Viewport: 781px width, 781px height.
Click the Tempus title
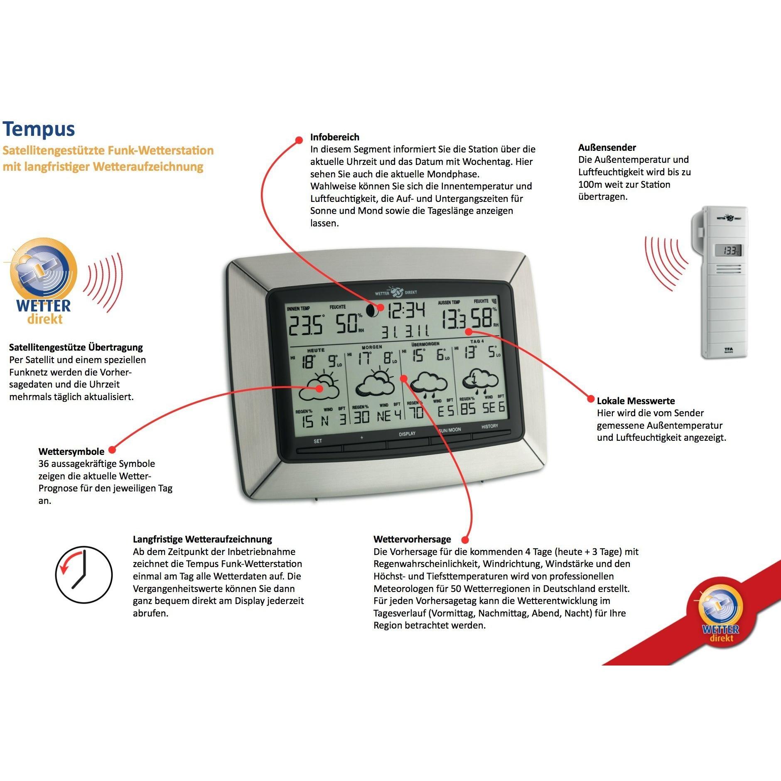(x=39, y=129)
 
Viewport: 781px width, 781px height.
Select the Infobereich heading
(x=334, y=137)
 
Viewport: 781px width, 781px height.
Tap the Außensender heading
(x=607, y=147)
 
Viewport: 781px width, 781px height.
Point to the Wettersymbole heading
(x=71, y=452)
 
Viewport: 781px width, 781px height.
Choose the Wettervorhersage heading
(x=412, y=539)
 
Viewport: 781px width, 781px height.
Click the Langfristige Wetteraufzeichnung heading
(x=202, y=539)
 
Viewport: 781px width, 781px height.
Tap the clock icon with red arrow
(x=84, y=575)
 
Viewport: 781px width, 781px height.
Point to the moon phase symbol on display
(x=372, y=309)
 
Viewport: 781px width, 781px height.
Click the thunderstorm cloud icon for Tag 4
(x=481, y=380)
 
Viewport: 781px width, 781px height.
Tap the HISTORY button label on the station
(x=489, y=426)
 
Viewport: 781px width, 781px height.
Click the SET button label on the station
(x=318, y=441)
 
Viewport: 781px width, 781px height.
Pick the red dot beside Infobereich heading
(x=298, y=140)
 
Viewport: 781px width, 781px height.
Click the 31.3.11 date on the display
(x=405, y=332)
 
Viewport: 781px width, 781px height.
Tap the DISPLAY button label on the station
(x=407, y=434)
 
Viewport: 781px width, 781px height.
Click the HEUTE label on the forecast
(x=316, y=350)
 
